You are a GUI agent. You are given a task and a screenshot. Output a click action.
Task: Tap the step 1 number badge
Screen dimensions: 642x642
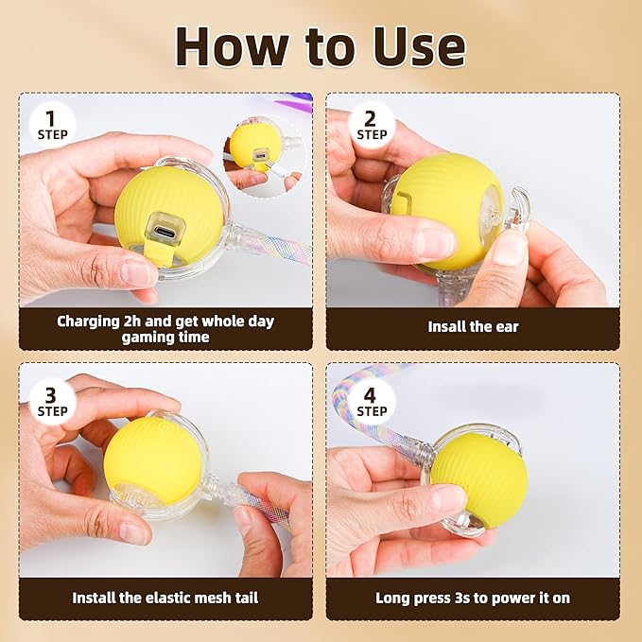tap(52, 124)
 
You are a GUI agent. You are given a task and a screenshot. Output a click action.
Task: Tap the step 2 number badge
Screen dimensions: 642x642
tap(371, 124)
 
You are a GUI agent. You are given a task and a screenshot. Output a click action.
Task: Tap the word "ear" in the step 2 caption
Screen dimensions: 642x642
tap(508, 327)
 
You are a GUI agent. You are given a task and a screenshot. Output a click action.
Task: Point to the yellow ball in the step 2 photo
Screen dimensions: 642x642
tap(446, 205)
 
